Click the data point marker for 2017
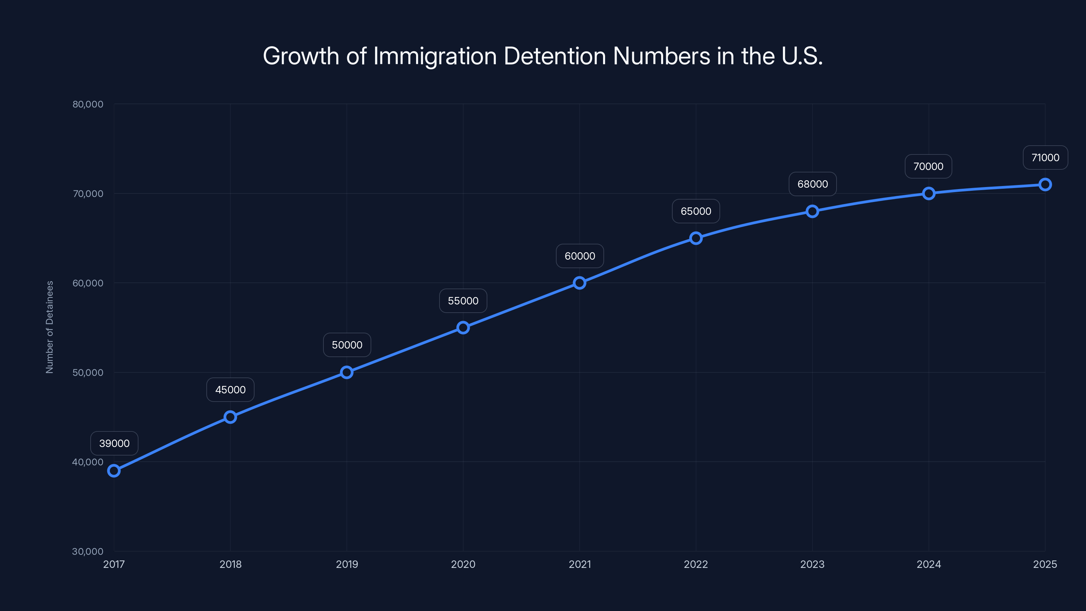pyautogui.click(x=114, y=470)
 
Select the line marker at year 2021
pyautogui.click(x=580, y=283)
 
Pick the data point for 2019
pyautogui.click(x=347, y=372)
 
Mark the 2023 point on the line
pyautogui.click(x=812, y=211)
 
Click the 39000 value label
pyautogui.click(x=114, y=443)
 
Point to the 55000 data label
pyautogui.click(x=463, y=301)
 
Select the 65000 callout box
pyautogui.click(x=696, y=211)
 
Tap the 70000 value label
pyautogui.click(x=928, y=167)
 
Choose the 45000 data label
pyautogui.click(x=230, y=390)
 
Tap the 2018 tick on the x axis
pyautogui.click(x=230, y=564)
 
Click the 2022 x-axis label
pyautogui.click(x=696, y=564)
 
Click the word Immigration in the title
pyautogui.click(x=435, y=56)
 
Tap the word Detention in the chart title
pyautogui.click(x=555, y=56)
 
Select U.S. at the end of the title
pyautogui.click(x=802, y=56)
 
